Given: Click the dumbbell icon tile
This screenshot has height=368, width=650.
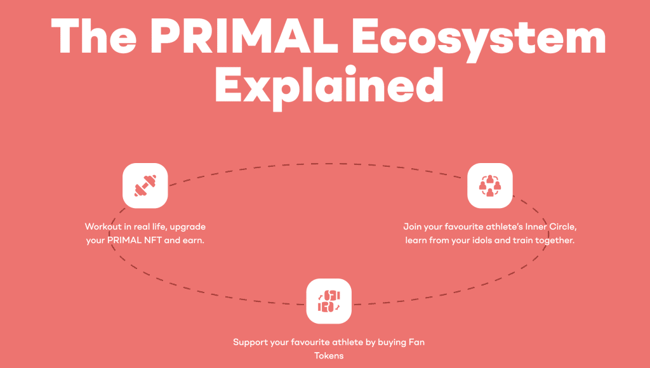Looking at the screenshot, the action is pos(145,186).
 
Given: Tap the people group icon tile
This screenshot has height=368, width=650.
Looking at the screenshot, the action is pos(490,186).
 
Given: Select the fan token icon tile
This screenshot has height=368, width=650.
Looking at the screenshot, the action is pos(329,301).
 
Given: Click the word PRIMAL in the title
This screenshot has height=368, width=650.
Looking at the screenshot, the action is pos(247,36).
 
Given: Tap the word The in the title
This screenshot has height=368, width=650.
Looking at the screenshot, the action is pos(94,36).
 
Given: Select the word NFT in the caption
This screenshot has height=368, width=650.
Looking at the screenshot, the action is pos(153,240).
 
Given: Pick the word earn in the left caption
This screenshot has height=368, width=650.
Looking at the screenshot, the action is pos(194,240).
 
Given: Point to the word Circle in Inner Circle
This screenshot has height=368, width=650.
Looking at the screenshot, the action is pos(563,227).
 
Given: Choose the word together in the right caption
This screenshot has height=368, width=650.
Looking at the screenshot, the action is pos(555,240).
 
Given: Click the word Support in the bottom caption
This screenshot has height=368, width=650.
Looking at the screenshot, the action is pos(250,343).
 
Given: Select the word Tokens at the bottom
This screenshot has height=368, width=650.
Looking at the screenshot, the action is pos(329,355).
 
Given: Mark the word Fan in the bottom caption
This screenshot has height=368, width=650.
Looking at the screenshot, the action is pos(416,343).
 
